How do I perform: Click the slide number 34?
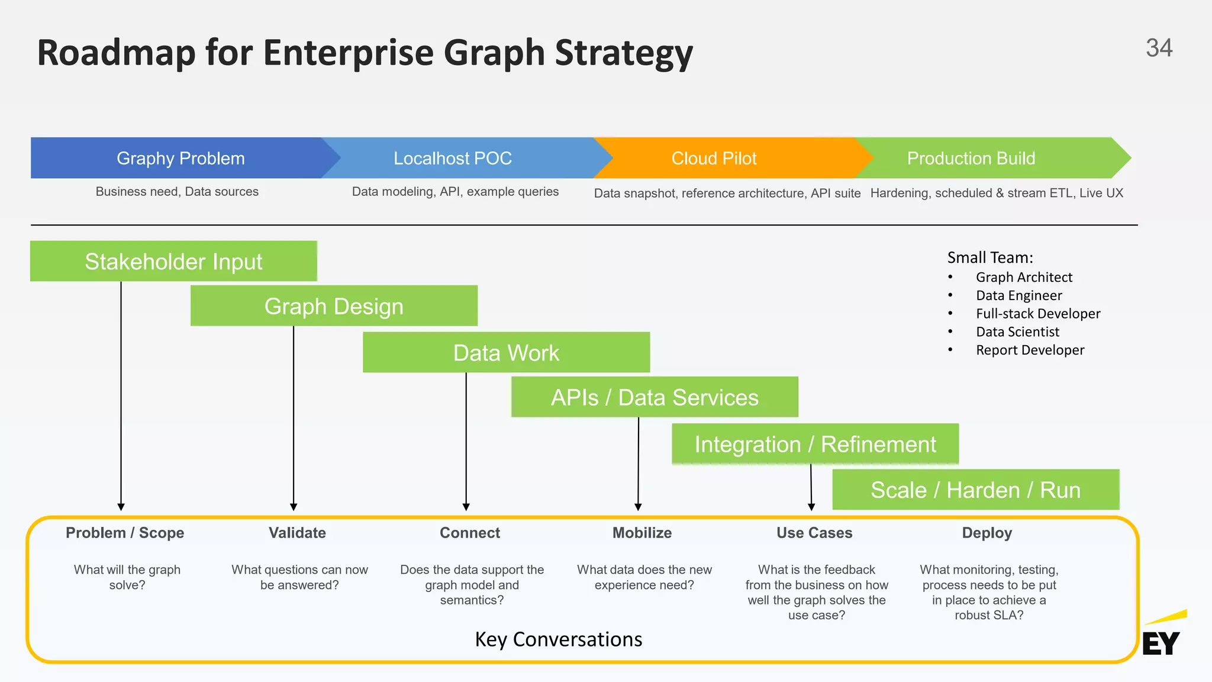click(1159, 48)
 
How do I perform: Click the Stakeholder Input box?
click(173, 261)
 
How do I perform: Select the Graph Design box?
click(334, 306)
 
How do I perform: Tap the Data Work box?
click(506, 352)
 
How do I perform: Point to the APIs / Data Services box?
click(655, 397)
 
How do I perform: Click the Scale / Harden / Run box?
click(975, 490)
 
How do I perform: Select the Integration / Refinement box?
click(815, 444)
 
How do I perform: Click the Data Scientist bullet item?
click(1017, 332)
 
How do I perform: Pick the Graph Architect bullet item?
click(1024, 277)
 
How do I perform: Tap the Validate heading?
click(297, 533)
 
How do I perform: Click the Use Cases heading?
click(814, 533)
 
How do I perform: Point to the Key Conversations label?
click(558, 639)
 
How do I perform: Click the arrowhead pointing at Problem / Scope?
click(121, 507)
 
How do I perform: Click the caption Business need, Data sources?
click(177, 191)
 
